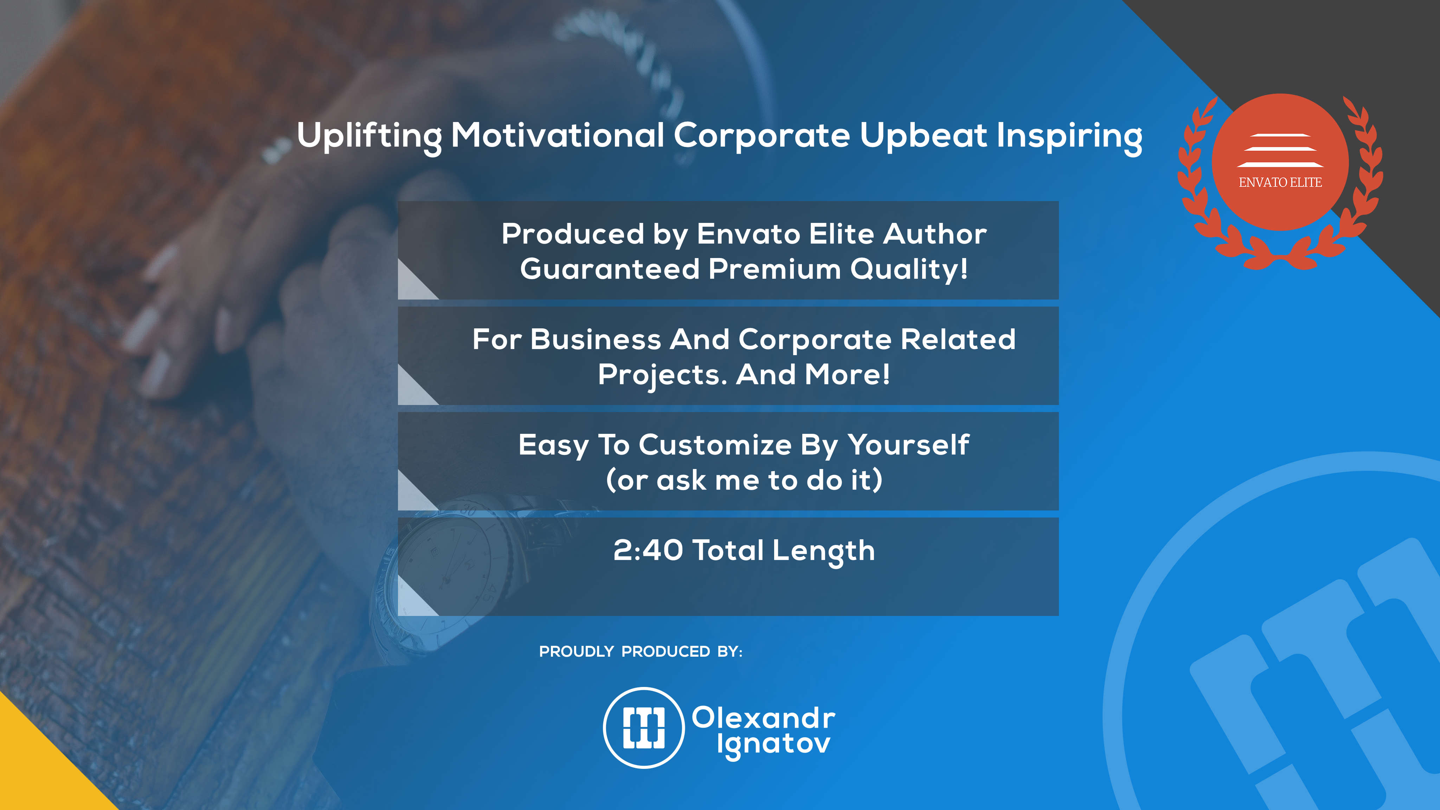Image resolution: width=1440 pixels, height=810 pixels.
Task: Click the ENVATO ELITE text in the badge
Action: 1280,182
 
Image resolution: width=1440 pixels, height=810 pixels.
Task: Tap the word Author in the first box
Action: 935,234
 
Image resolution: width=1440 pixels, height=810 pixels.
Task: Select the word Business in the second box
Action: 596,339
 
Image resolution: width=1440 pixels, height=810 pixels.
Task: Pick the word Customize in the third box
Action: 715,445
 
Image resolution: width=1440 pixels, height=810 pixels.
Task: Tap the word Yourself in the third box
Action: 908,445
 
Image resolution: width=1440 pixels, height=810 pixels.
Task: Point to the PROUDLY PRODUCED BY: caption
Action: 641,652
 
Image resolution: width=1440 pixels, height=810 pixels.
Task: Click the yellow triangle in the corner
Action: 39,771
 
